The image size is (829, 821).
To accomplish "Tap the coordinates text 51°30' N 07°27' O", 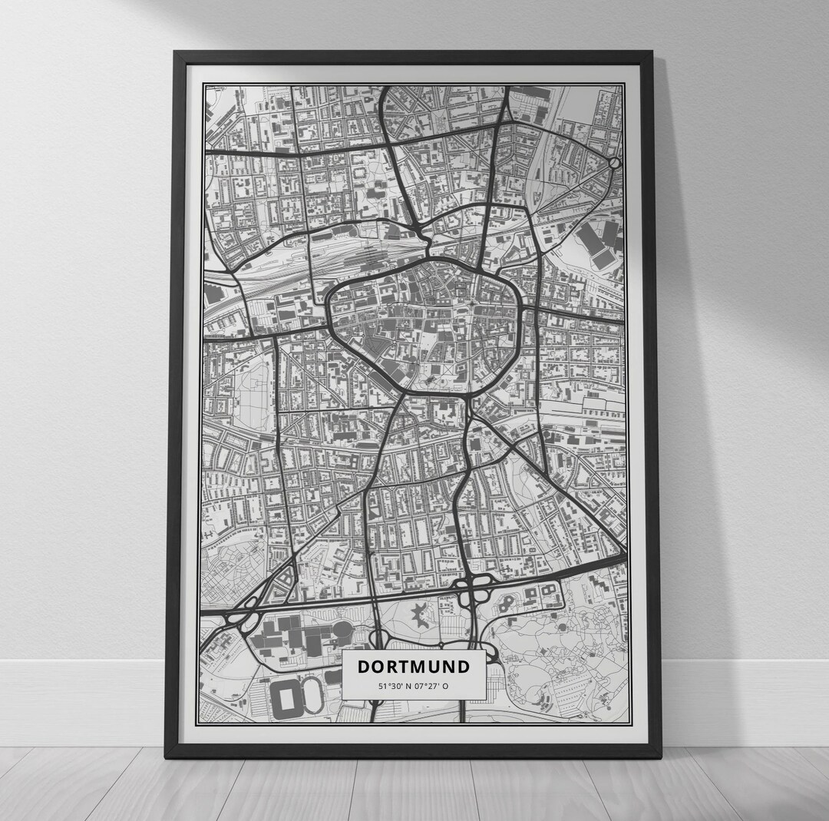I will click(414, 687).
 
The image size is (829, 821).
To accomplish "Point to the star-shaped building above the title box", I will click(421, 614).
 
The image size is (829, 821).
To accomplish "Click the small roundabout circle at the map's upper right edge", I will click(613, 164).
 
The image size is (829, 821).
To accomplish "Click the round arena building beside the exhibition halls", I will click(343, 633).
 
